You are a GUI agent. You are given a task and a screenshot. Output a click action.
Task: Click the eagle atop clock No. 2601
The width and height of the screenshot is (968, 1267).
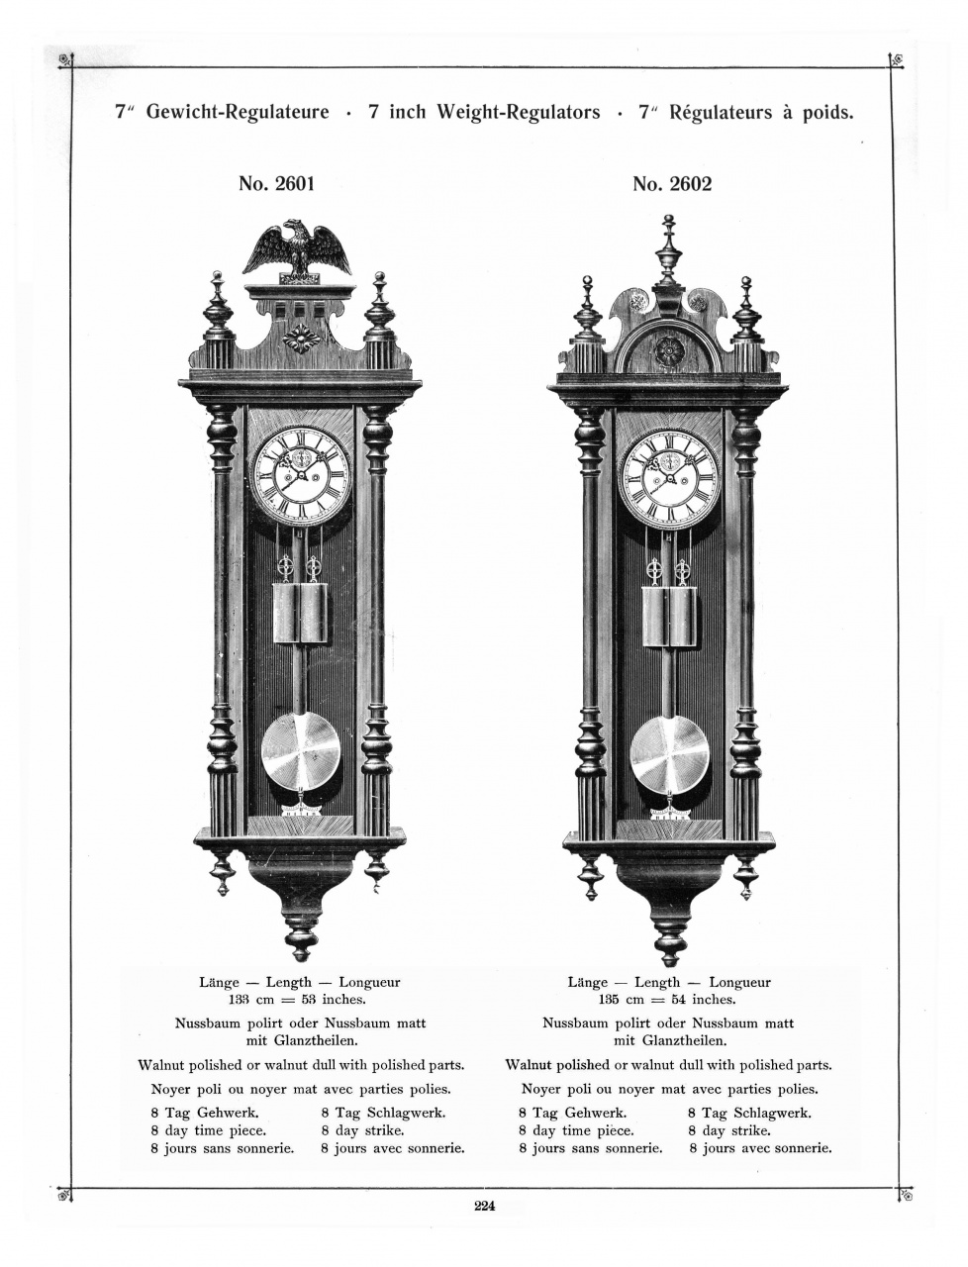pyautogui.click(x=296, y=249)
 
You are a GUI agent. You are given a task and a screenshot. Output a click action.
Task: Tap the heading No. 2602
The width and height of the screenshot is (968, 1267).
pyautogui.click(x=672, y=184)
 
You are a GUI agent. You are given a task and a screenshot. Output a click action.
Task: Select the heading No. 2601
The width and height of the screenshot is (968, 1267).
pyautogui.click(x=276, y=184)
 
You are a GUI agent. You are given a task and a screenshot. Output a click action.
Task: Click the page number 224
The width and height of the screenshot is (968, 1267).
pyautogui.click(x=484, y=1205)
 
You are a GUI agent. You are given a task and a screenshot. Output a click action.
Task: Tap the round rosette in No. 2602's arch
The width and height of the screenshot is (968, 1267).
pyautogui.click(x=670, y=349)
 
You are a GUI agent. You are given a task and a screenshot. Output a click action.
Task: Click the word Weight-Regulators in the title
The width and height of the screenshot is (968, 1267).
pyautogui.click(x=484, y=112)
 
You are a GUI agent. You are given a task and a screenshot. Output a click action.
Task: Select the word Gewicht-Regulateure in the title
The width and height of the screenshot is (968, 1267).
pyautogui.click(x=238, y=112)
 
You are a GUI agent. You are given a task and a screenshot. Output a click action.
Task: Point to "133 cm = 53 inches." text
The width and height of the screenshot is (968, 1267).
pyautogui.click(x=298, y=1000)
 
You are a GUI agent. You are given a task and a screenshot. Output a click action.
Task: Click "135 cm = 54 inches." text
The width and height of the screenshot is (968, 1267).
pyautogui.click(x=668, y=1000)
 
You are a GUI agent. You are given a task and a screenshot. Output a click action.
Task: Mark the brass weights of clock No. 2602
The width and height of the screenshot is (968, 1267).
pyautogui.click(x=669, y=618)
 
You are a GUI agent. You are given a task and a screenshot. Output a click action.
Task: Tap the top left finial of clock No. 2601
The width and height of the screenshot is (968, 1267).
pyautogui.click(x=218, y=309)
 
